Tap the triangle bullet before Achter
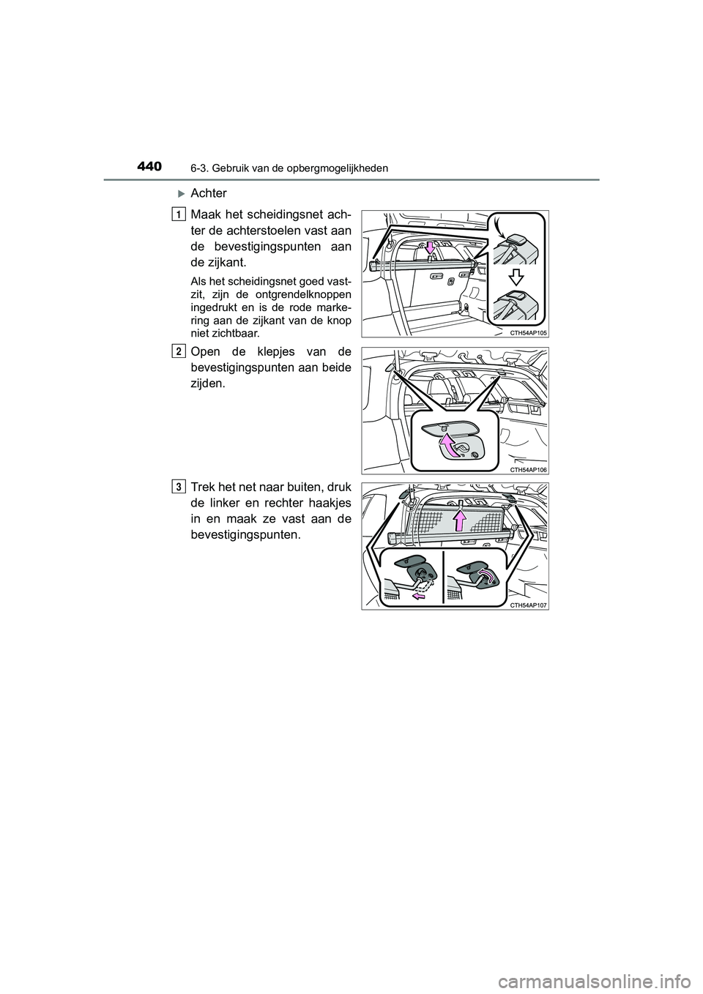[x=181, y=193]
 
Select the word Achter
[x=209, y=193]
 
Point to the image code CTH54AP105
[x=529, y=332]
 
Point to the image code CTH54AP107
[x=529, y=604]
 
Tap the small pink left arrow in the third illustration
[x=419, y=597]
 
